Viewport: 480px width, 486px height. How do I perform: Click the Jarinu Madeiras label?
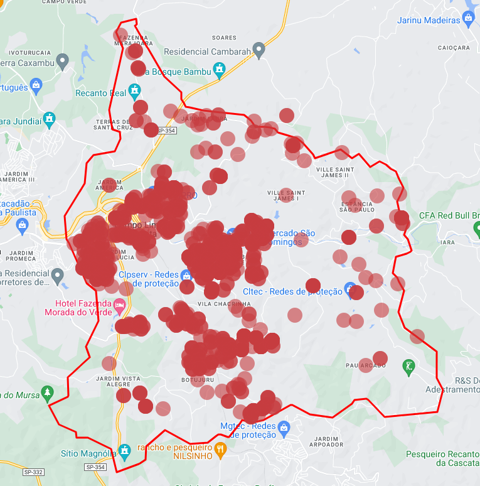[429, 20]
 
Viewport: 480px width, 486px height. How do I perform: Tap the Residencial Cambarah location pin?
[259, 51]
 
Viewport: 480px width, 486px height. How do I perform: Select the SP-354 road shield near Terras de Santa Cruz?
[167, 131]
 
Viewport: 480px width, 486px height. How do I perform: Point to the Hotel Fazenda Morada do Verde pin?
[119, 306]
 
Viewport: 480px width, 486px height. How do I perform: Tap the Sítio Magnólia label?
[88, 453]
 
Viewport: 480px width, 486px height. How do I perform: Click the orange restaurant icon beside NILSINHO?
[220, 448]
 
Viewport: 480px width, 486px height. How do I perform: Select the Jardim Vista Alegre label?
[119, 382]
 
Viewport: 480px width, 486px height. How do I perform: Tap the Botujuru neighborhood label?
[198, 380]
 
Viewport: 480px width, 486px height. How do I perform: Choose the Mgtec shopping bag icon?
[284, 427]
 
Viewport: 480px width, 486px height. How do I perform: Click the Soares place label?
[224, 38]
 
